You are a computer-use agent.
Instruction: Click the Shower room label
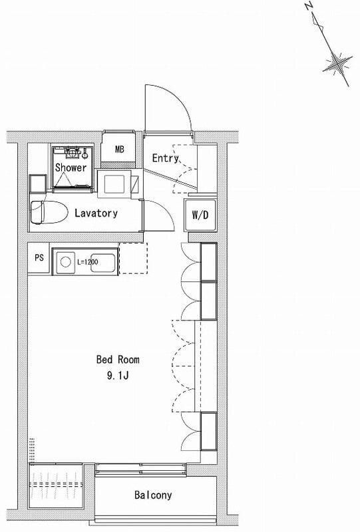71,168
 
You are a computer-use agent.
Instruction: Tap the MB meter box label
120,149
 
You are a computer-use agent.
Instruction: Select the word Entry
166,158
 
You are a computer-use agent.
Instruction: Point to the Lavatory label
96,213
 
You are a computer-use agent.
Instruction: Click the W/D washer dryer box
200,215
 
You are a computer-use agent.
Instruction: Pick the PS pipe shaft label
39,257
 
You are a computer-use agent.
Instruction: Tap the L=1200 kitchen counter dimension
88,262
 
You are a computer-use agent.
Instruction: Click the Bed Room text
118,359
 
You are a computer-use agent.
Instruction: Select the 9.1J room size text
118,376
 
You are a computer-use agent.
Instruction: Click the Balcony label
153,495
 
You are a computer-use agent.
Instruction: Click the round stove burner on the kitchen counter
65,262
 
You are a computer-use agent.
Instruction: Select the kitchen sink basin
103,263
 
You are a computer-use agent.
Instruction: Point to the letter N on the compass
308,7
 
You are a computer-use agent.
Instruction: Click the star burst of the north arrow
337,63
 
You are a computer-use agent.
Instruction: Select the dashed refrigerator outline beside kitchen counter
133,258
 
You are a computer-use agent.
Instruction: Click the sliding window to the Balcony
141,470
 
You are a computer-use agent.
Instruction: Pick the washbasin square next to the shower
114,185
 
